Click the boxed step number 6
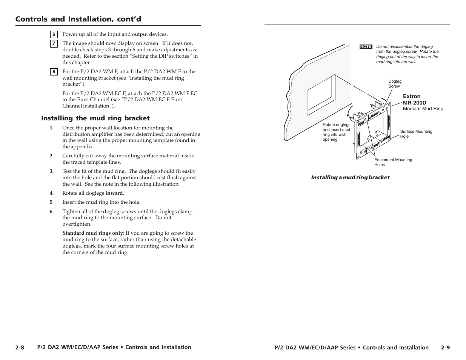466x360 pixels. [x=54, y=34]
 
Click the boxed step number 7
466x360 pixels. [x=54, y=43]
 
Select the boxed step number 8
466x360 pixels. [x=54, y=72]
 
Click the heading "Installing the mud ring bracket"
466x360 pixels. [x=95, y=118]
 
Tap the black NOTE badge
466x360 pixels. [x=366, y=46]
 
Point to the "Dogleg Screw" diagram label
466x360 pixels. [x=395, y=84]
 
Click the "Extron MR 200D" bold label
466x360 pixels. [x=411, y=100]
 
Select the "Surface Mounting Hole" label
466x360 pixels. [x=416, y=134]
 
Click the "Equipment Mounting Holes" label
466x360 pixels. [x=393, y=162]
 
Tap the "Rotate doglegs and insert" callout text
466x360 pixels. [x=336, y=132]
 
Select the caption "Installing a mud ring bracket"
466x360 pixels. [x=350, y=177]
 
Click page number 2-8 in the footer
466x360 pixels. [x=20, y=348]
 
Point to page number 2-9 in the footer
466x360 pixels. [x=445, y=348]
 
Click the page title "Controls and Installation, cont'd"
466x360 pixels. [x=78, y=19]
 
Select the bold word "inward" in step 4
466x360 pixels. [x=114, y=193]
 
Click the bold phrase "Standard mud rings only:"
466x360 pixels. [x=93, y=233]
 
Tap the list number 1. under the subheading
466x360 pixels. [x=52, y=128]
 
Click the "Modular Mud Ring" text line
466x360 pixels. [x=423, y=109]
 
